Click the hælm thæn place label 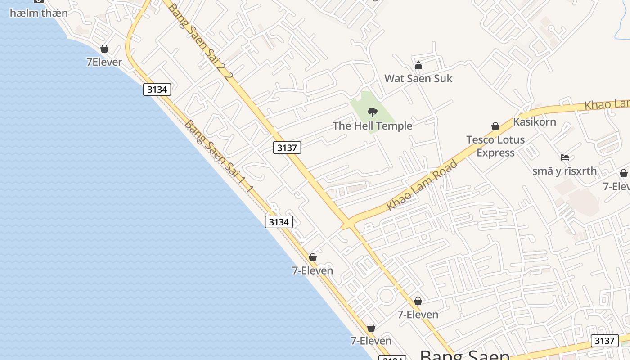[39, 13]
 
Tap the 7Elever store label [104, 62]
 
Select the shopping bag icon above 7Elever [104, 49]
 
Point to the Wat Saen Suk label [418, 78]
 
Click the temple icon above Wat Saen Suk [418, 66]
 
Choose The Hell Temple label [372, 126]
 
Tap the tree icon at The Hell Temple [372, 112]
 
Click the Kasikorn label [535, 121]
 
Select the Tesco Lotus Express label [495, 146]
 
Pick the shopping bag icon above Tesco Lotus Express [495, 126]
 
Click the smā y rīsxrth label [564, 171]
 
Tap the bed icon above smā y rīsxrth [565, 157]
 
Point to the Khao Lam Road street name [422, 184]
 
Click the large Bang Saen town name [464, 355]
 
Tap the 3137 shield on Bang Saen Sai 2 [287, 148]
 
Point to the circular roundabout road [386, 296]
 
